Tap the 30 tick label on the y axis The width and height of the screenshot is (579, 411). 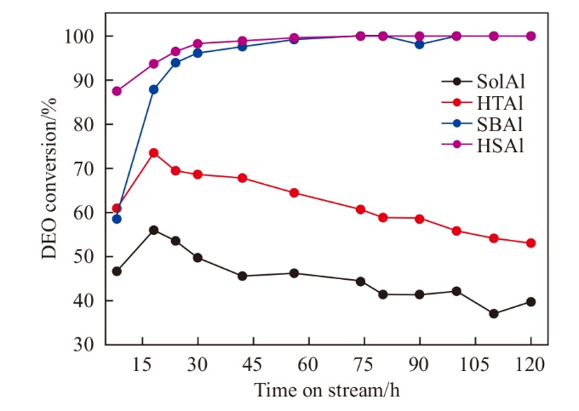[x=88, y=345]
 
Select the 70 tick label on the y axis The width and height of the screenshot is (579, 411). [x=88, y=168]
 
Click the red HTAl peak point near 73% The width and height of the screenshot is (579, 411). [x=154, y=153]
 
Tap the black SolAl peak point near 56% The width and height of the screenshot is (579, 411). [x=154, y=230]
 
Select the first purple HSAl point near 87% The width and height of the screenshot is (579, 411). [x=117, y=91]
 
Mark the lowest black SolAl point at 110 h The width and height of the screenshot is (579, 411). [x=494, y=314]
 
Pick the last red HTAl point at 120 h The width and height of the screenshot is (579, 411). [x=531, y=243]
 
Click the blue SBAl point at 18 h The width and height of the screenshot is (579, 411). [x=154, y=89]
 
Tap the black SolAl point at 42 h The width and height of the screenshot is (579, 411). [x=243, y=276]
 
